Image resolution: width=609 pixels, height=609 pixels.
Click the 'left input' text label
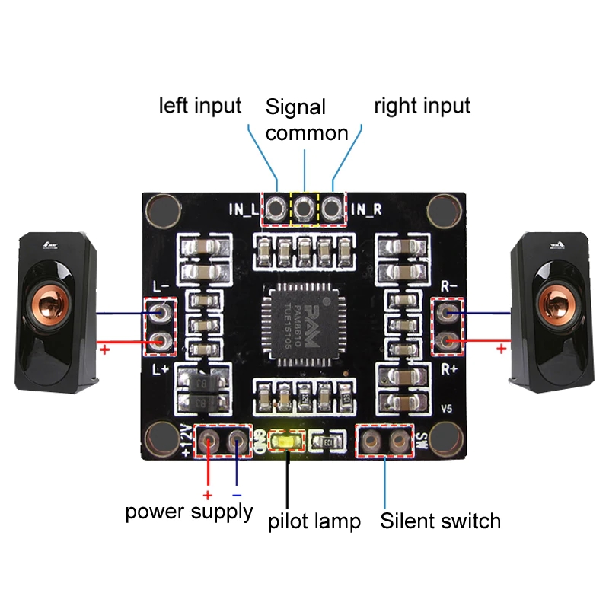click(199, 105)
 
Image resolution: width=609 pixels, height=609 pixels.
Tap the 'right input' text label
click(422, 106)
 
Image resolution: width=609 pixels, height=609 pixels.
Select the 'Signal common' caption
click(306, 120)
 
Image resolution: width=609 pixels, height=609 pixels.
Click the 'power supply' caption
click(189, 512)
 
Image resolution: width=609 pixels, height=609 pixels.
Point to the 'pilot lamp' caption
click(314, 522)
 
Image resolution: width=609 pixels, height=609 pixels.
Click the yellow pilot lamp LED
click(289, 441)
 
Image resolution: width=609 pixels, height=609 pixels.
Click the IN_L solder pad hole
click(276, 207)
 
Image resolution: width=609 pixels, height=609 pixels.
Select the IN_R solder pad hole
click(333, 207)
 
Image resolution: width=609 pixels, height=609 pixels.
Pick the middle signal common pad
click(304, 207)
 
